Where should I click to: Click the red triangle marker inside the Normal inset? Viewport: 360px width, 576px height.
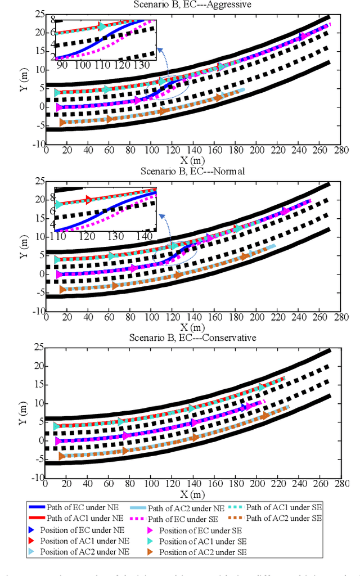click(x=88, y=199)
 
